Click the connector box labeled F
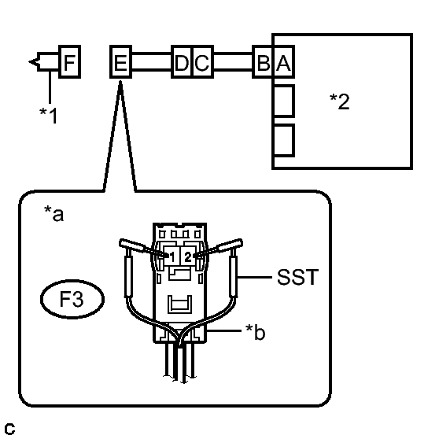click(x=70, y=61)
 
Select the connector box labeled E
click(x=120, y=61)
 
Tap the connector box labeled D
click(x=182, y=61)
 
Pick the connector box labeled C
click(x=203, y=61)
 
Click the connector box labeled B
click(x=263, y=61)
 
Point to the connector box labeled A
click(x=283, y=61)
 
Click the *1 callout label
click(x=49, y=115)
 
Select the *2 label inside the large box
click(x=340, y=101)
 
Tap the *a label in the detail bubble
click(x=54, y=214)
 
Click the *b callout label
click(x=255, y=332)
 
